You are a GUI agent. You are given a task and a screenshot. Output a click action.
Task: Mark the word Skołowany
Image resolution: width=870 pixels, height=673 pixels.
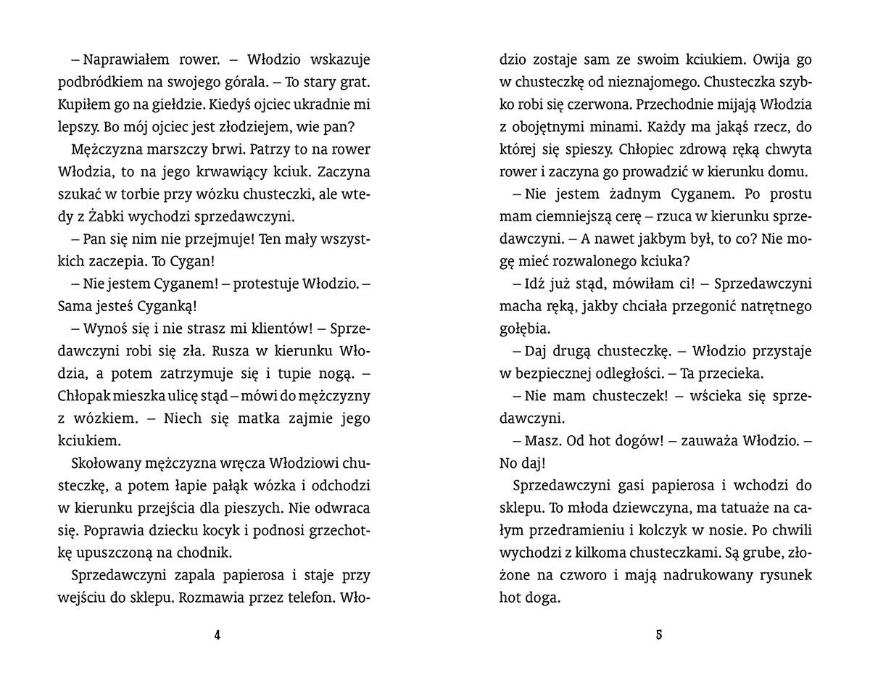pos(108,463)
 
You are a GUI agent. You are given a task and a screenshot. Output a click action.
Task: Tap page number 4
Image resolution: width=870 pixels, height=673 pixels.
pos(217,635)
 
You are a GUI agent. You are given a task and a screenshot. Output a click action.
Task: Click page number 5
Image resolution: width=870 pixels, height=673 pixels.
pos(659,635)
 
